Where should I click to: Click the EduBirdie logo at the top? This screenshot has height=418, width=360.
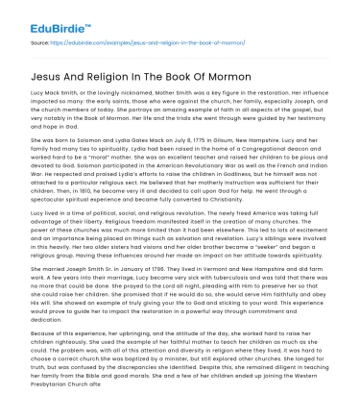pos(40,15)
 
